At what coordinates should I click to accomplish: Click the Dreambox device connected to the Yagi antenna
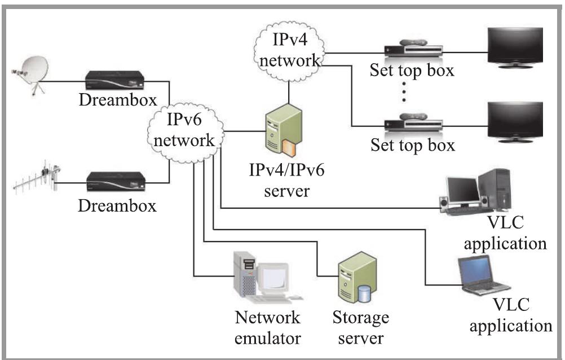[x=116, y=182]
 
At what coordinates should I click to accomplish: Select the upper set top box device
[x=411, y=51]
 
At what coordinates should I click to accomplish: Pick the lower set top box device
[x=411, y=125]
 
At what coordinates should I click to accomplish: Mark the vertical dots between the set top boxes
[x=404, y=93]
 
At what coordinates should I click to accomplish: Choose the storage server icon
[x=356, y=280]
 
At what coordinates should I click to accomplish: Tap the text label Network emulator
[x=267, y=328]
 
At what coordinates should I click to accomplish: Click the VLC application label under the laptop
[x=511, y=315]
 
